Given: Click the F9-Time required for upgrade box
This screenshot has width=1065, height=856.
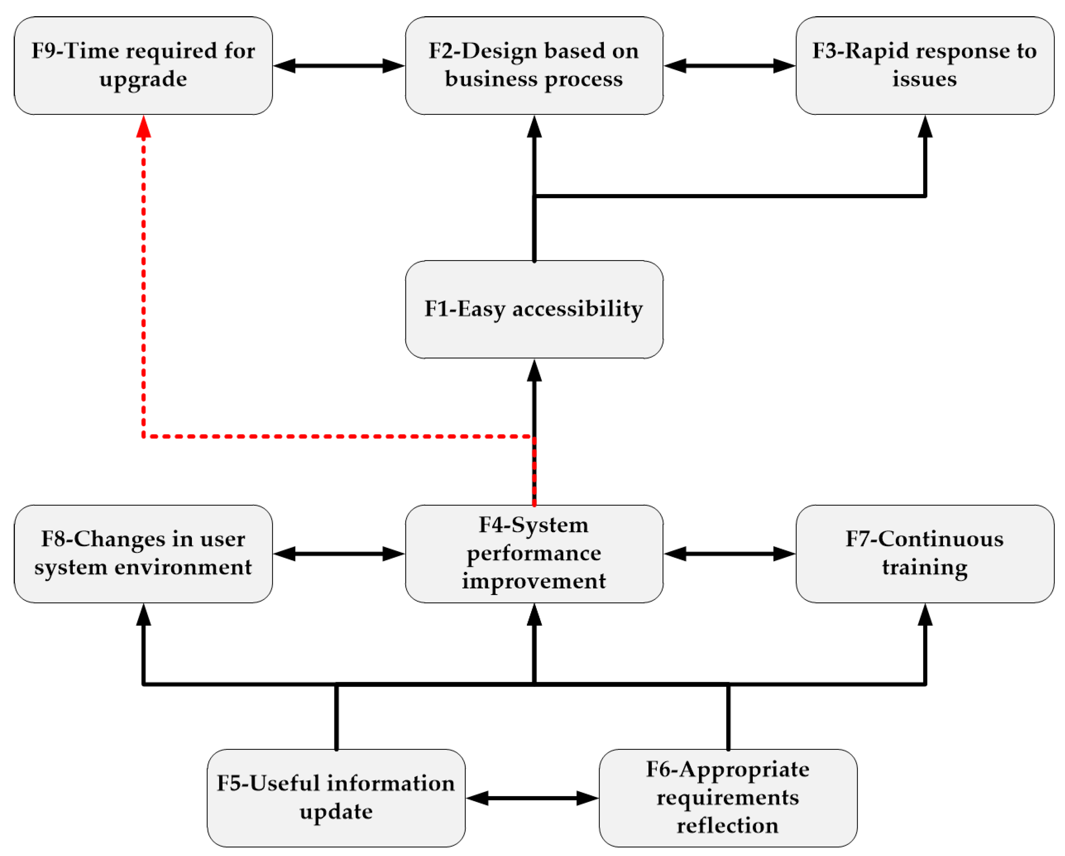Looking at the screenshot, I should (x=143, y=66).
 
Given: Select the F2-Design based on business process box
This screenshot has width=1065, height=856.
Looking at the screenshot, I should (x=534, y=66).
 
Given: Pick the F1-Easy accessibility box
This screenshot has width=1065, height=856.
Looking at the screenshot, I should (x=534, y=310).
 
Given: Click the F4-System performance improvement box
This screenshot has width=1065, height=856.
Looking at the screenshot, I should (x=534, y=554).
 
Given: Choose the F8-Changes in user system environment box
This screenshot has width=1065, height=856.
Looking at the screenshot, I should (x=143, y=554).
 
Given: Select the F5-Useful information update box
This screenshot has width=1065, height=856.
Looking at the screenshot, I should (x=336, y=798).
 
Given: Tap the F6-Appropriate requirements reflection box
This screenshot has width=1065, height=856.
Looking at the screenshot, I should (x=728, y=798).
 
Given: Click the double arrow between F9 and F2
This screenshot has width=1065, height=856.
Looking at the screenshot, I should (x=339, y=66).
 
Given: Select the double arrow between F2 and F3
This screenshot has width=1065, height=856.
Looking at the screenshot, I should (x=730, y=66).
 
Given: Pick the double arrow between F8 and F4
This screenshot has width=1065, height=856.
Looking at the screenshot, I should (x=339, y=554).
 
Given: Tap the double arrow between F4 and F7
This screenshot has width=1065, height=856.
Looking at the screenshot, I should (x=730, y=554).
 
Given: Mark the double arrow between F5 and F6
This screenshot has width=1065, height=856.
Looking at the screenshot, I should (x=532, y=798).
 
